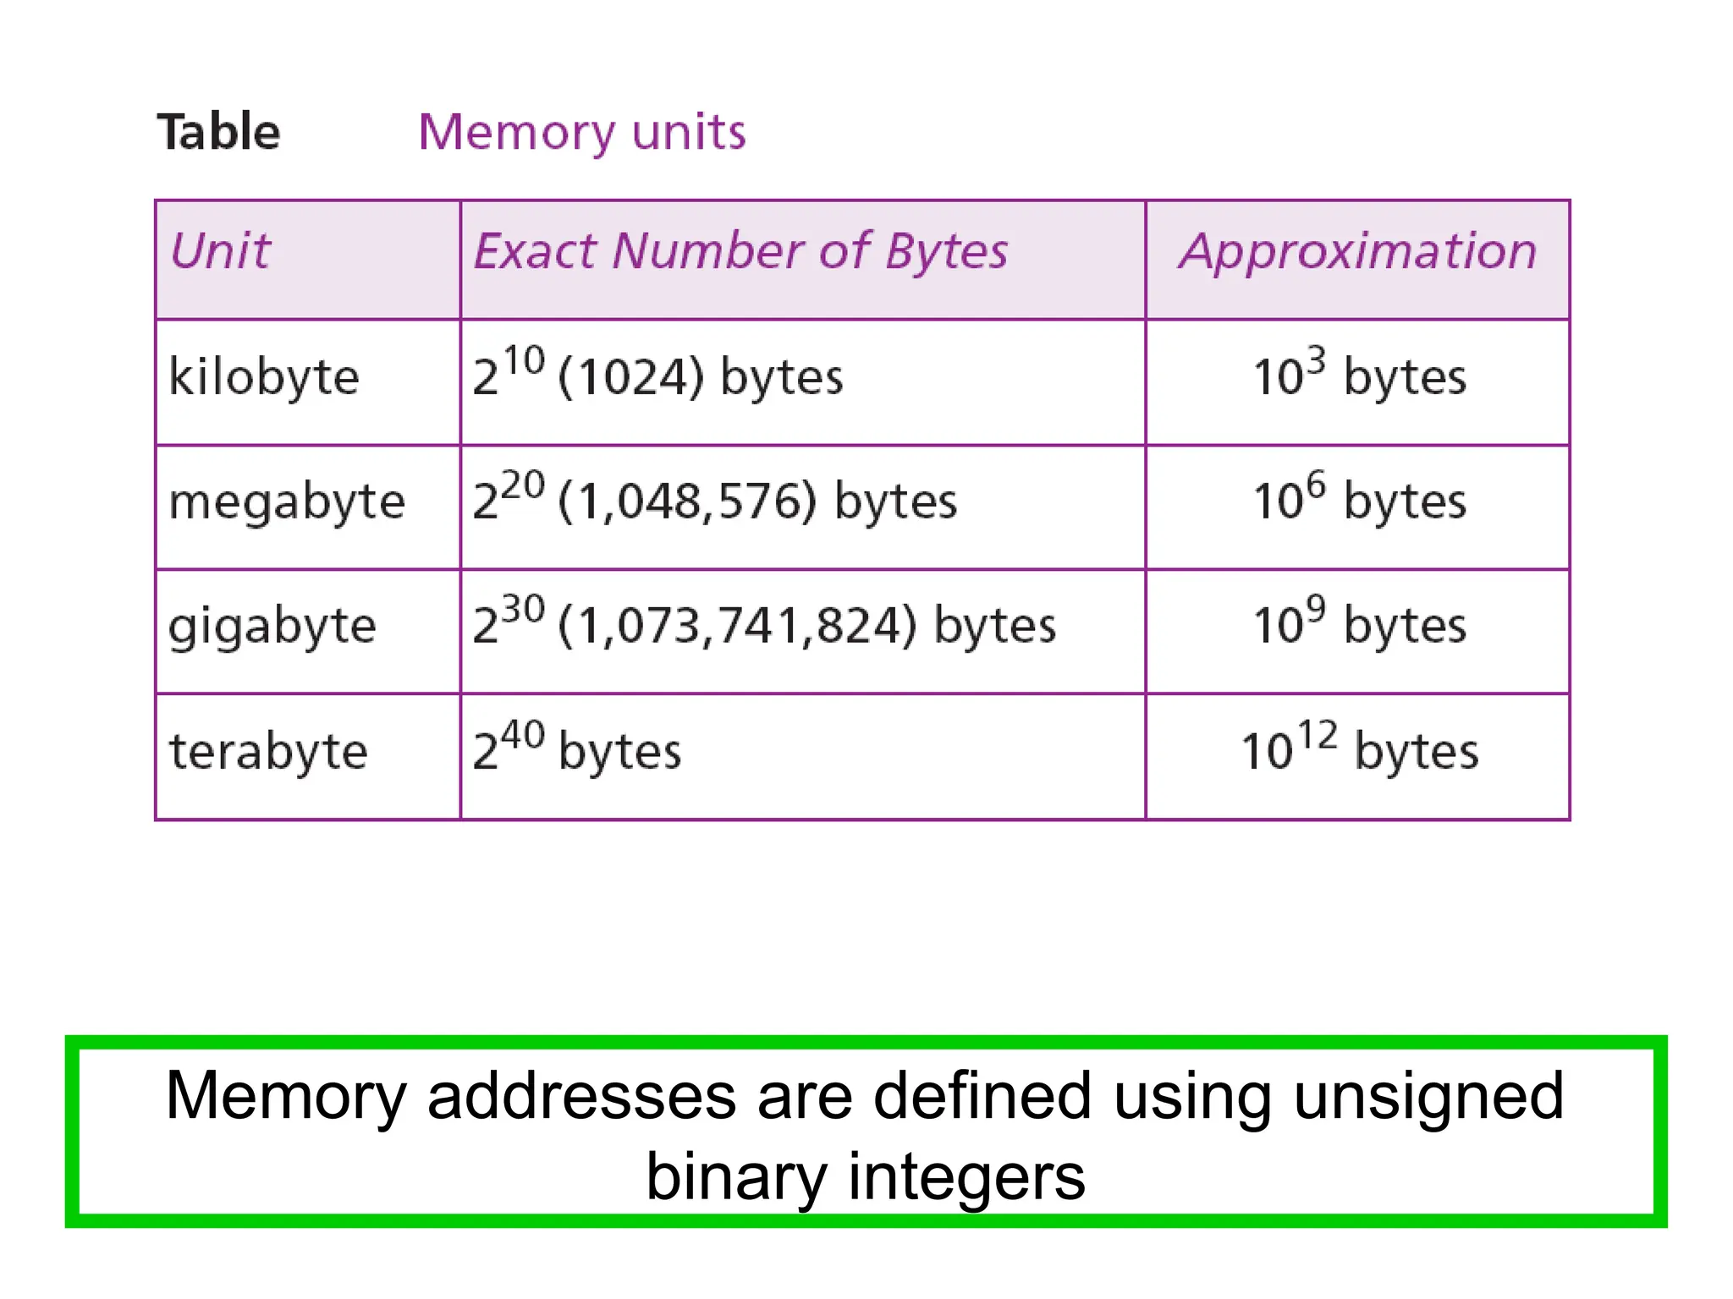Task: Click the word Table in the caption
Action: point(218,132)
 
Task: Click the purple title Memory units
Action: point(582,132)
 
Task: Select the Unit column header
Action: point(220,251)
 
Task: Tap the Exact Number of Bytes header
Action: point(740,251)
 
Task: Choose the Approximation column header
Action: point(1357,251)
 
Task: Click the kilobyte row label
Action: point(264,376)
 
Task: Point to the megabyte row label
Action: point(287,502)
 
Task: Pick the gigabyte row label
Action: point(272,627)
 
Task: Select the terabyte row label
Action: point(268,751)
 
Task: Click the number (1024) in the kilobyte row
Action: point(630,377)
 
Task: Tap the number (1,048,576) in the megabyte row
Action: point(687,502)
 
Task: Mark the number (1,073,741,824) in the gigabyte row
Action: point(737,627)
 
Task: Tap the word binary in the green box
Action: point(734,1177)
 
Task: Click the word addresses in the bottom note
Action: point(581,1096)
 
